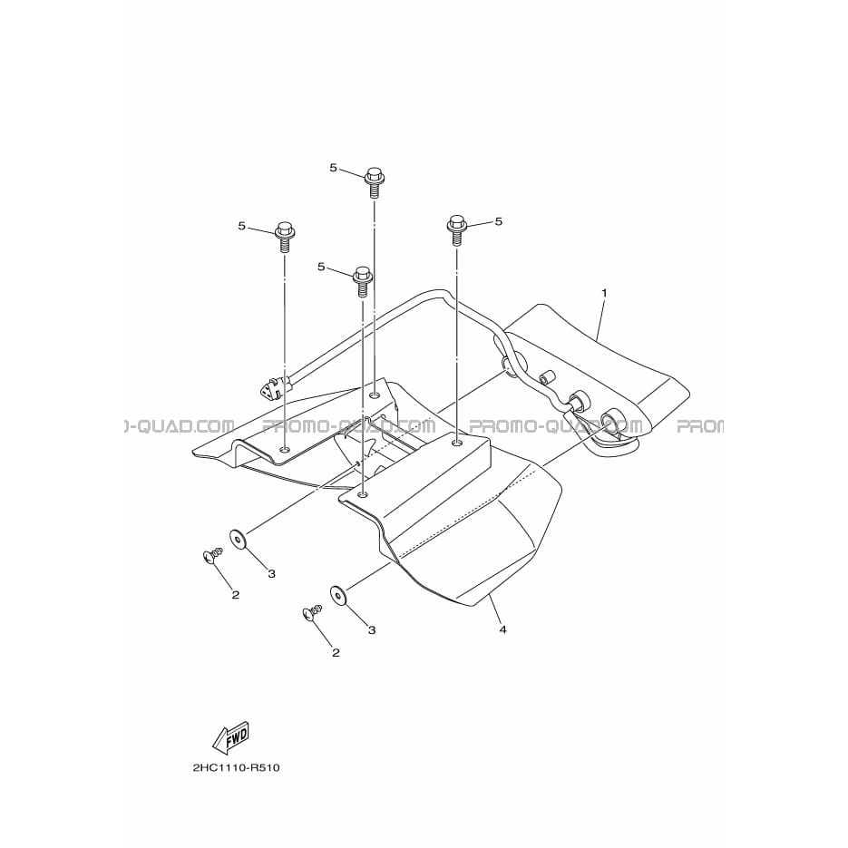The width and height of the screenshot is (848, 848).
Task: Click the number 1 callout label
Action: pyautogui.click(x=604, y=293)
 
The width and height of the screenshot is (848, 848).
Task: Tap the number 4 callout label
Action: pyautogui.click(x=503, y=629)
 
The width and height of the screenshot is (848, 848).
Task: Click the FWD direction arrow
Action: pyautogui.click(x=230, y=737)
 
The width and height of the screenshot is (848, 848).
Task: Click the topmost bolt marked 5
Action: pyautogui.click(x=374, y=182)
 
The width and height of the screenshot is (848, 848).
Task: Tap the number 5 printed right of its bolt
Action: pyautogui.click(x=499, y=221)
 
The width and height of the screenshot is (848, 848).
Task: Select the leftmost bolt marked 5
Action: pyautogui.click(x=284, y=237)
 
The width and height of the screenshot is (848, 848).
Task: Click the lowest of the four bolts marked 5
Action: pyautogui.click(x=362, y=280)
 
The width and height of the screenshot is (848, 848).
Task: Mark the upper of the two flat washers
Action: pyautogui.click(x=238, y=540)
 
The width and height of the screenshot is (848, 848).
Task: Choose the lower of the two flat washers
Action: pyautogui.click(x=338, y=597)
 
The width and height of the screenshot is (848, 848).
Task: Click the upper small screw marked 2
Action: pyautogui.click(x=212, y=554)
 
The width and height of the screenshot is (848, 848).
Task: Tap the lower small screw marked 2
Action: pyautogui.click(x=314, y=613)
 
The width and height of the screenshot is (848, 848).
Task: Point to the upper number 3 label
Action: pyautogui.click(x=271, y=573)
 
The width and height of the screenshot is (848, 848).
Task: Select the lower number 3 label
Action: pyautogui.click(x=372, y=630)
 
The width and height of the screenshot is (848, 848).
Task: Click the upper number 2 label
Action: pyautogui.click(x=235, y=595)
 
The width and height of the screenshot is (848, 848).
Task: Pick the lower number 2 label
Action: pyautogui.click(x=336, y=653)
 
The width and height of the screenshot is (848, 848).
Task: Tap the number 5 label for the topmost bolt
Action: pyautogui.click(x=333, y=168)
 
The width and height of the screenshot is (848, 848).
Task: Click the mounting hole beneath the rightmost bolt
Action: pyautogui.click(x=457, y=443)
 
